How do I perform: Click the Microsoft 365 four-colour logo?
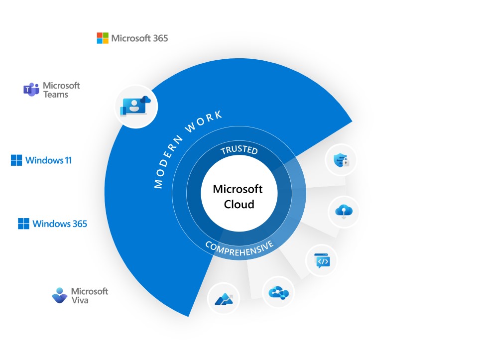(x=103, y=38)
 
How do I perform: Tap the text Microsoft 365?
(x=139, y=38)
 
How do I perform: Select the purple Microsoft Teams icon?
(x=31, y=90)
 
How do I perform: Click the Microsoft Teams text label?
(x=61, y=90)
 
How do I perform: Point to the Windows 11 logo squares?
(x=16, y=160)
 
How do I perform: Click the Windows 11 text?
(x=48, y=160)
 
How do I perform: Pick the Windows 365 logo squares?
(x=23, y=224)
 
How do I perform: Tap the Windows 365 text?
(x=60, y=224)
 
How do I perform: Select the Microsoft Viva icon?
(x=60, y=295)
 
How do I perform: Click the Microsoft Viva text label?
(x=90, y=295)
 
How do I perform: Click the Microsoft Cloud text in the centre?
(x=238, y=197)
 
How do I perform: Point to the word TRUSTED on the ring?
(x=239, y=149)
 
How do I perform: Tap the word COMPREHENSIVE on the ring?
(x=239, y=247)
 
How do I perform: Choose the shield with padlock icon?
(x=342, y=160)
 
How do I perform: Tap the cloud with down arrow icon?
(x=343, y=211)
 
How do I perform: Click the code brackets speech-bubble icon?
(x=321, y=260)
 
